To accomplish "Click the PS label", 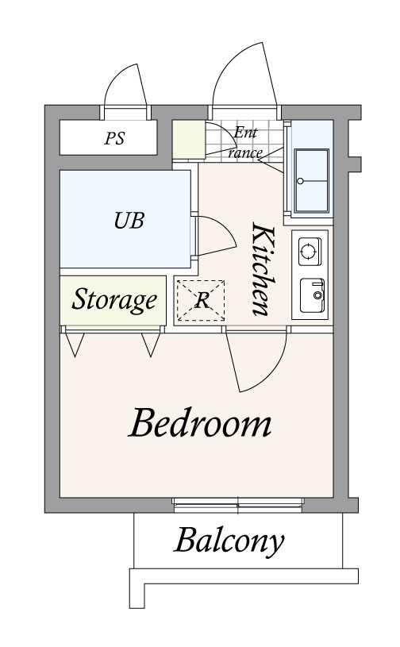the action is (x=114, y=138).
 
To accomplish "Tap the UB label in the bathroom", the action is (x=129, y=221).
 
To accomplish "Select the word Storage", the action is (x=114, y=300).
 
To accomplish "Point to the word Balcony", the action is (x=229, y=541).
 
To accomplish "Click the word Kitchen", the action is (x=263, y=269).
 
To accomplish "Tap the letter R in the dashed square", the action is (x=202, y=300).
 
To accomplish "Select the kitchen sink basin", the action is (x=312, y=295).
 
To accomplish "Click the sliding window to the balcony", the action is (x=238, y=505).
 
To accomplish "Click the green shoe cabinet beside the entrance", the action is (x=188, y=140).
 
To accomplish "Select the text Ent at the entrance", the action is (x=245, y=133).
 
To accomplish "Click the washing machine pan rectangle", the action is (x=312, y=181).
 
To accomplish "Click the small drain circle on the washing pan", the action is (x=300, y=181).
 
